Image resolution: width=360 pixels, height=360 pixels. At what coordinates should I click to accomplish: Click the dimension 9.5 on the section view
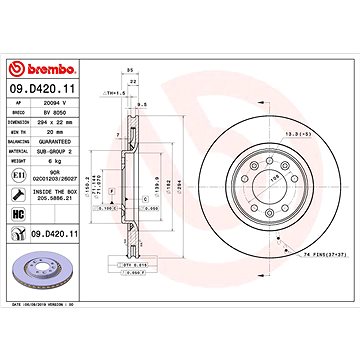[x=144, y=102]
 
